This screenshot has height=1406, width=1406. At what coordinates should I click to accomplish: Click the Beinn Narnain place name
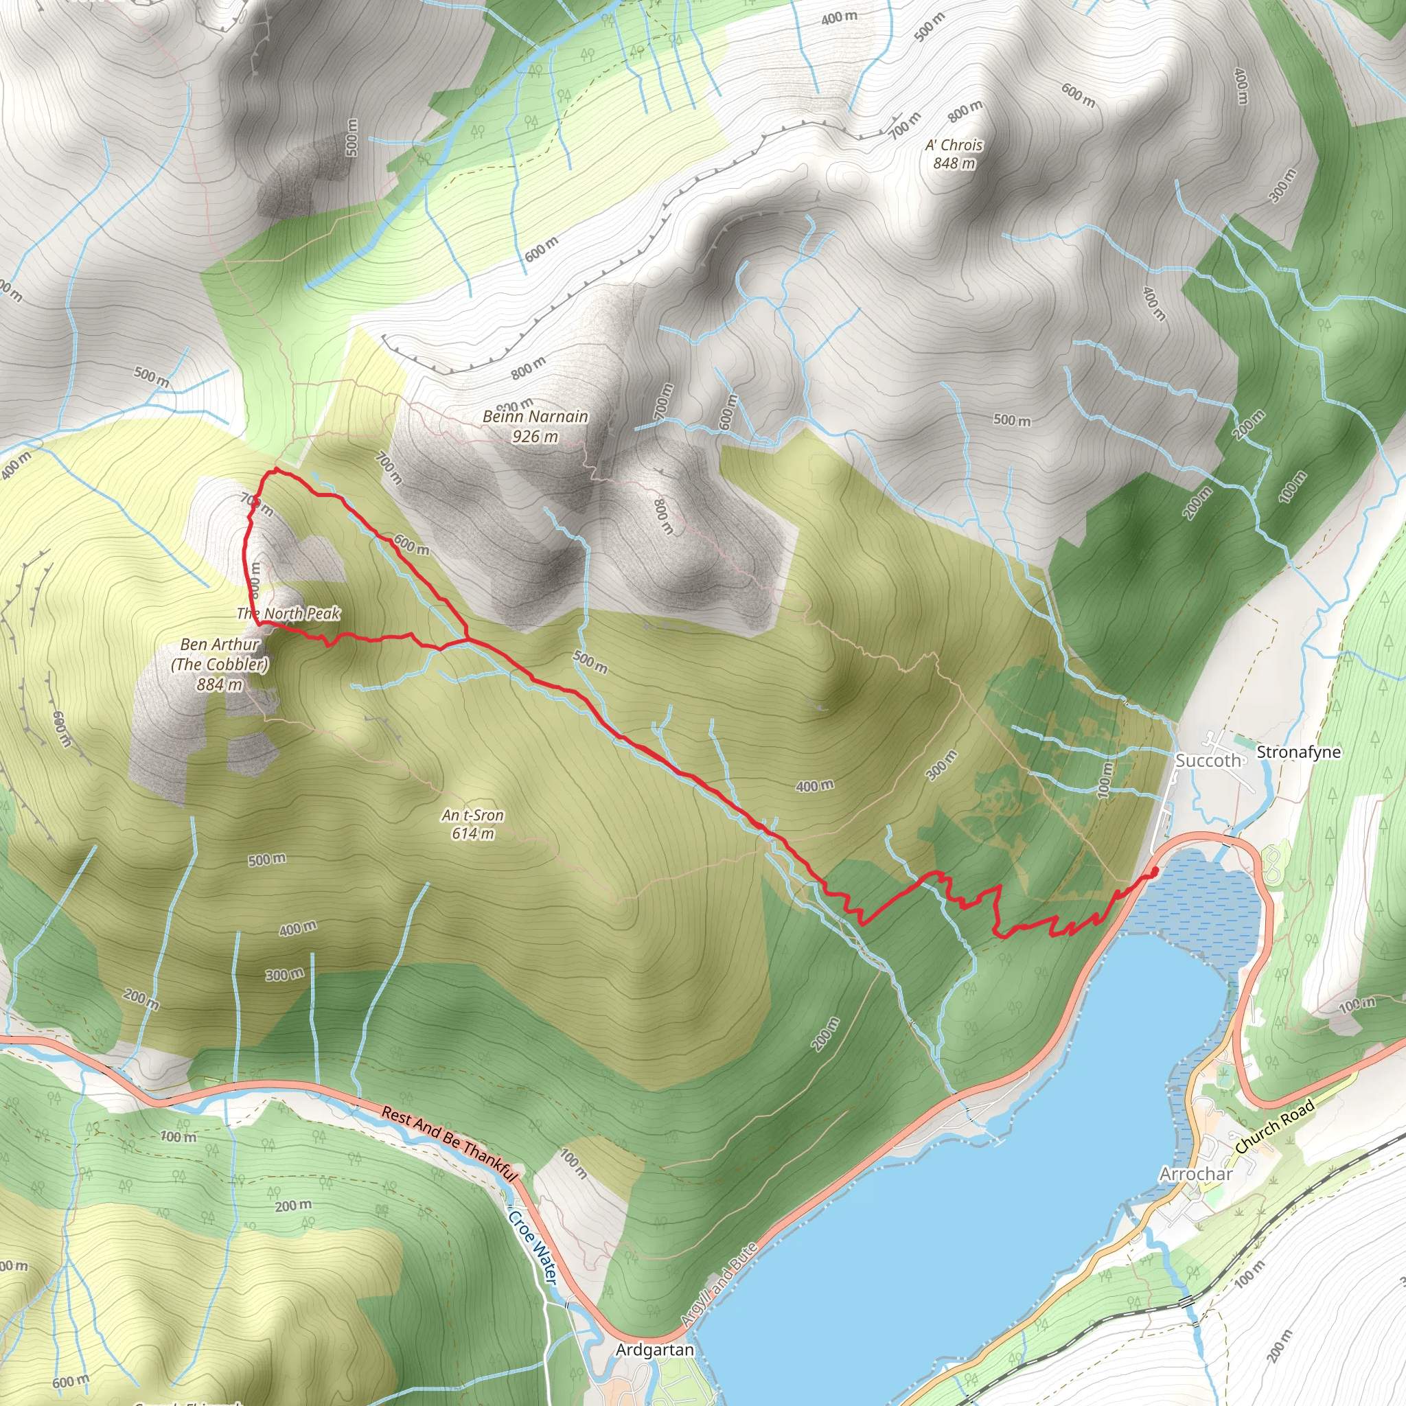tap(535, 416)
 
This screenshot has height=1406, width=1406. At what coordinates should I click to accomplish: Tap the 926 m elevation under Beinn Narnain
tap(535, 436)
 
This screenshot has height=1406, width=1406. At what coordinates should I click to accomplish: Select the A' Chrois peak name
tap(954, 145)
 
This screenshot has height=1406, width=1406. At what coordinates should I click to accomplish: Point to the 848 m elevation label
tap(954, 163)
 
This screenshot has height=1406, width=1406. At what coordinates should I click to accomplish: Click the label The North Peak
tap(288, 614)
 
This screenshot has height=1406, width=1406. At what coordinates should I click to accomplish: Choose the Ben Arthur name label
tap(220, 644)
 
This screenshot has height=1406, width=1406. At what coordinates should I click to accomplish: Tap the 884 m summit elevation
tap(219, 684)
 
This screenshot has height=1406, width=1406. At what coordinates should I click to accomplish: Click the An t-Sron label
tap(472, 815)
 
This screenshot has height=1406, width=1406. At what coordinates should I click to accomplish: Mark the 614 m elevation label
tap(472, 833)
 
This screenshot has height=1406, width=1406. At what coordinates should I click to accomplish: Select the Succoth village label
tap(1208, 761)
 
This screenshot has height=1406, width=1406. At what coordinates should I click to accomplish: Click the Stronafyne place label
tap(1298, 752)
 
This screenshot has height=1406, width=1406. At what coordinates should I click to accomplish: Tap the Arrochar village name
tap(1196, 1174)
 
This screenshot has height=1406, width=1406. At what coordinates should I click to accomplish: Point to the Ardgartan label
tap(654, 1350)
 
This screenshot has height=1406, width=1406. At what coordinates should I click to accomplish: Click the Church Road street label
tap(1274, 1127)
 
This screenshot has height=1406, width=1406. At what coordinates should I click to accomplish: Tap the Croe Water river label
tap(533, 1247)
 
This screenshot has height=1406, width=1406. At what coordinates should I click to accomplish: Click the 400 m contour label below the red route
tap(814, 786)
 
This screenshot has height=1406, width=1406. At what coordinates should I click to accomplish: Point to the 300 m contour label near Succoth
tap(941, 765)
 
